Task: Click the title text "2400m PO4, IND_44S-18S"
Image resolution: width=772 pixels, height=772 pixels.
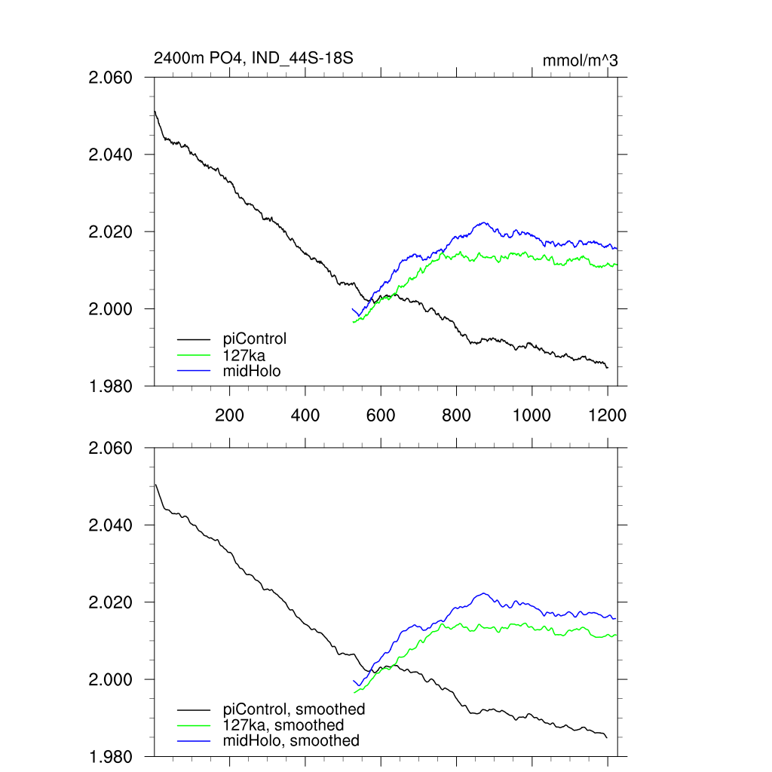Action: [x=253, y=58]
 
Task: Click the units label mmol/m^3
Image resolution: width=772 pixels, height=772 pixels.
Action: [x=580, y=60]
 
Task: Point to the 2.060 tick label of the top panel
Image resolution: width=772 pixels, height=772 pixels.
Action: [x=110, y=78]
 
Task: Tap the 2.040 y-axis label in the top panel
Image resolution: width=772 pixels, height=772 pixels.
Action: [x=110, y=155]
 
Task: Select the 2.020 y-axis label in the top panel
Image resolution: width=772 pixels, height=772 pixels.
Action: [x=110, y=232]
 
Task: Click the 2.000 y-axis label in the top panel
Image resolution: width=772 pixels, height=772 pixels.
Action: [x=110, y=309]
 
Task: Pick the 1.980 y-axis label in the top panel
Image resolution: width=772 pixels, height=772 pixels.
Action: [x=110, y=387]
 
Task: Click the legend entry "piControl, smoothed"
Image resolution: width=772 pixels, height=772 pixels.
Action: [x=294, y=709]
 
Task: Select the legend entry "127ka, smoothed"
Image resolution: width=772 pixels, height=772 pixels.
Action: [x=283, y=725]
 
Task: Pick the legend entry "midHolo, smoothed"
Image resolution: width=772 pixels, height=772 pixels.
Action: [x=291, y=741]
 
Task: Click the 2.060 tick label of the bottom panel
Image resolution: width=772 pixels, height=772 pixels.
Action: [x=110, y=449]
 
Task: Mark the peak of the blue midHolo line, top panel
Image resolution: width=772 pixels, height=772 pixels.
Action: [x=483, y=222]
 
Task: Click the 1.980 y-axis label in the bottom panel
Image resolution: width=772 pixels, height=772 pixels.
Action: [x=110, y=757]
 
